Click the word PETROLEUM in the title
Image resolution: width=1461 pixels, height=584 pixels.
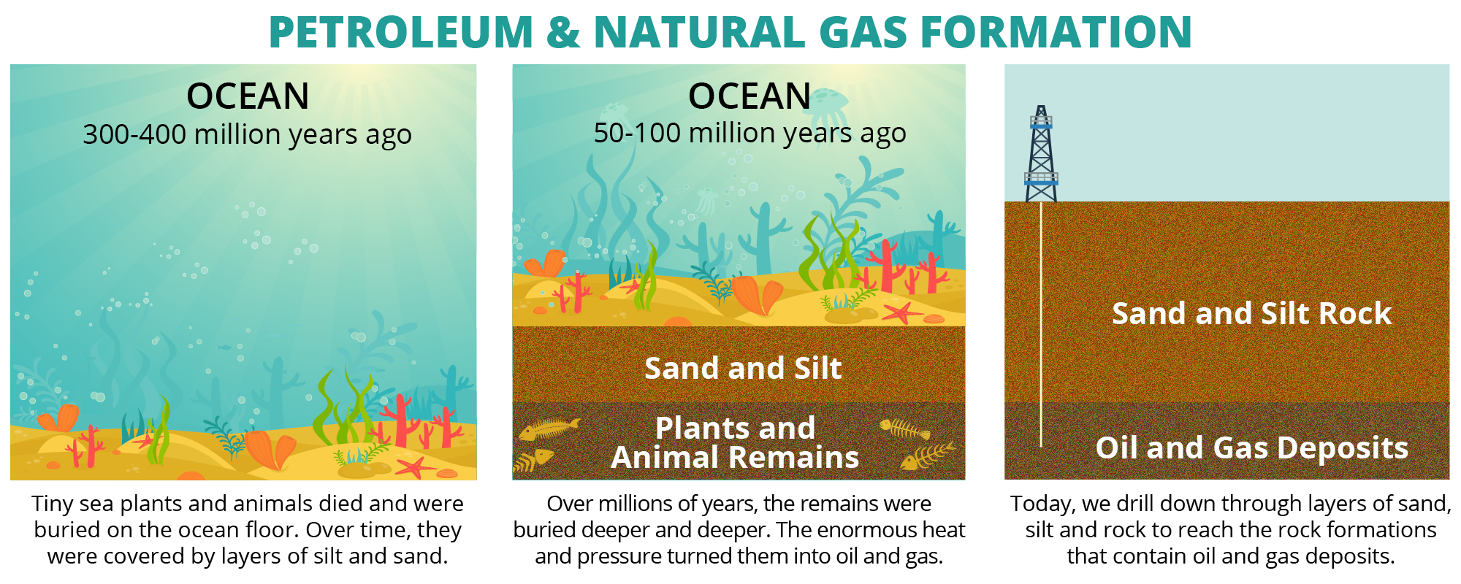tap(401, 32)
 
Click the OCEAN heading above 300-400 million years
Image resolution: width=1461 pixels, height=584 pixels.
tap(248, 96)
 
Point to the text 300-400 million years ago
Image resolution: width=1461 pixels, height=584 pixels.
tap(247, 135)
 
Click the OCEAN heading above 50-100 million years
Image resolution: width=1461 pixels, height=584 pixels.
tap(749, 96)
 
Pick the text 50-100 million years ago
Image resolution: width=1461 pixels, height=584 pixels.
tap(749, 134)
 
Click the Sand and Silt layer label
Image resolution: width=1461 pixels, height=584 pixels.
tap(743, 368)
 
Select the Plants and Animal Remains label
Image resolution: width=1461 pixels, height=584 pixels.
tap(735, 442)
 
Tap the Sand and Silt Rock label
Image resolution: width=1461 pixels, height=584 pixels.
tap(1251, 313)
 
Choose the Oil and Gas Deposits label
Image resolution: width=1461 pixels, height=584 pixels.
tap(1251, 447)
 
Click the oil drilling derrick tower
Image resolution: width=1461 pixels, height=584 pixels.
tap(1041, 154)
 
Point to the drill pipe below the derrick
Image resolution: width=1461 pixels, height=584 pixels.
tap(1041, 324)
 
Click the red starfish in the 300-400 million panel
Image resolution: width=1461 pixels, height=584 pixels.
tap(416, 466)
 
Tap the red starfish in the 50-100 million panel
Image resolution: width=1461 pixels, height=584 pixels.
tap(903, 313)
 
